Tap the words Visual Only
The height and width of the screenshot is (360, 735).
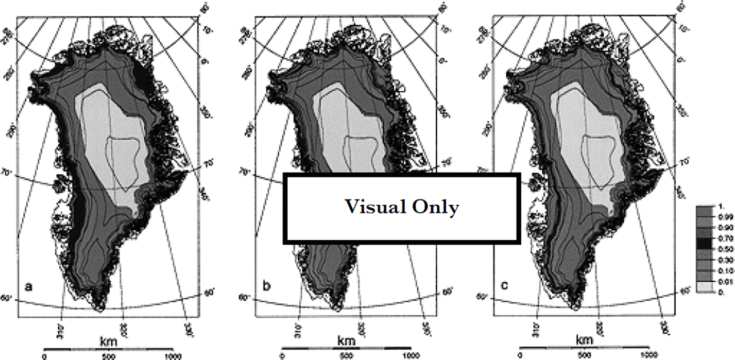tap(402, 207)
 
